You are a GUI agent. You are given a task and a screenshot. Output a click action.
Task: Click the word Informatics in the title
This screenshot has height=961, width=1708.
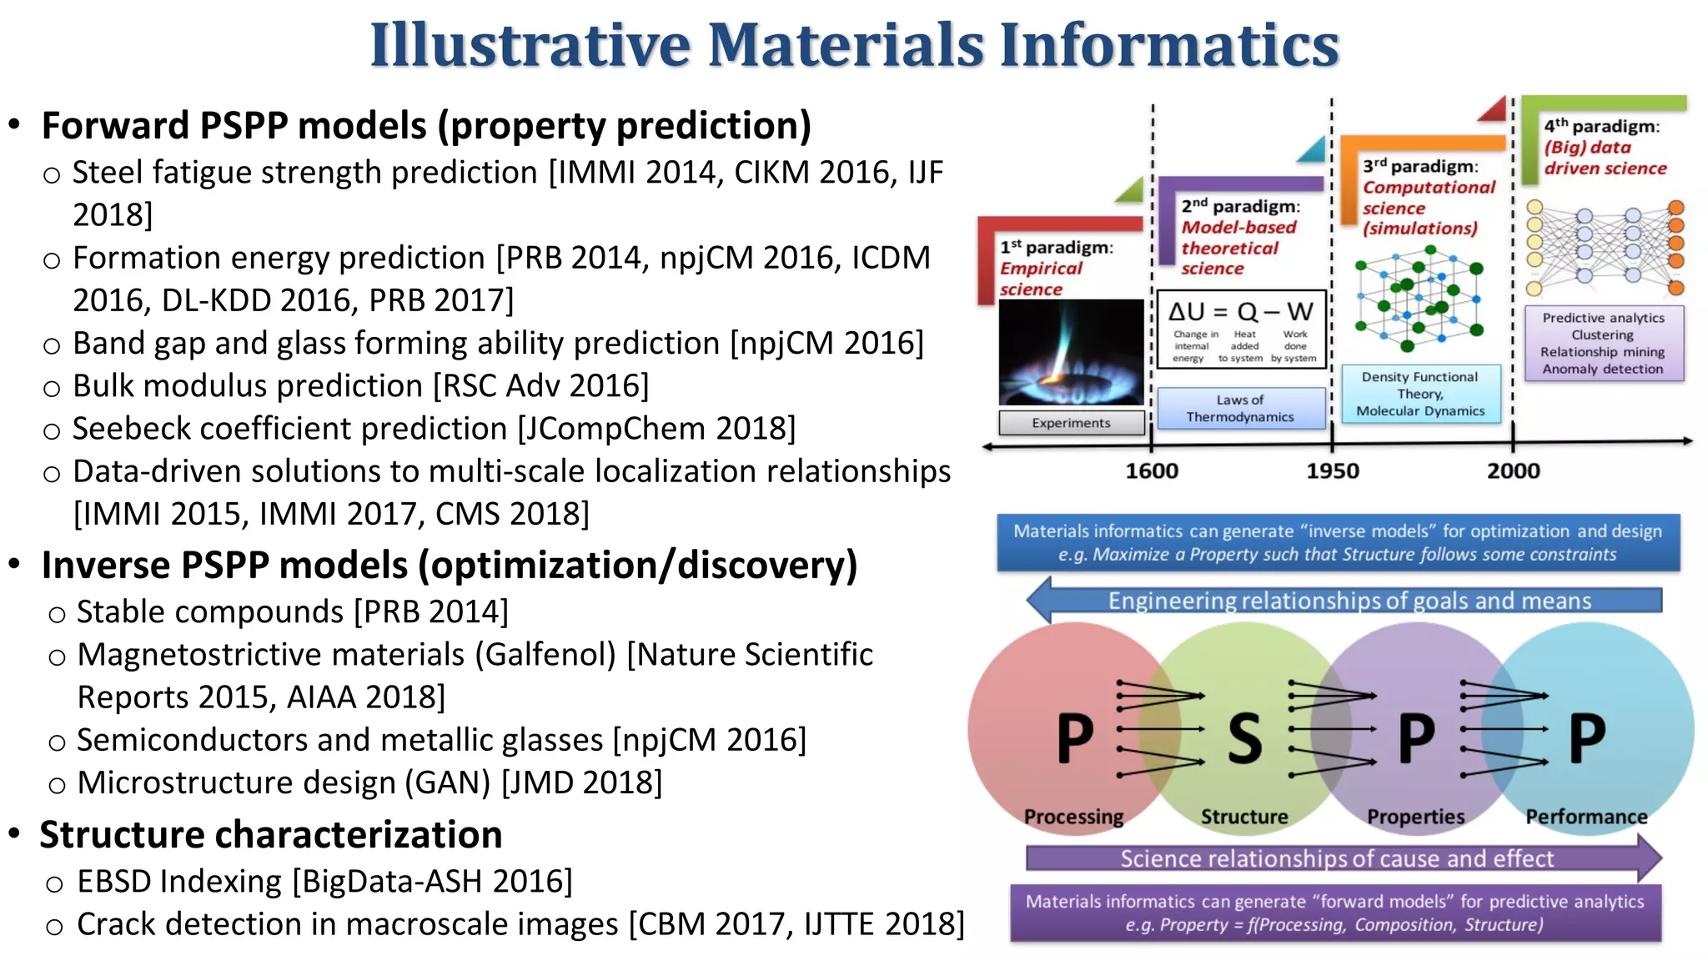[x=1168, y=45]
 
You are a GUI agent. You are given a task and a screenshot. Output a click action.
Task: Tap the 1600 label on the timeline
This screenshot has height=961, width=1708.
[x=1152, y=471]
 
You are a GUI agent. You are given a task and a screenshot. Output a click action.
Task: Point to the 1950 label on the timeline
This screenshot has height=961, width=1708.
[x=1332, y=471]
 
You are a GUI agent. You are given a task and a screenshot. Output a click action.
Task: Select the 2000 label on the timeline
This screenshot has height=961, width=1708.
[x=1513, y=471]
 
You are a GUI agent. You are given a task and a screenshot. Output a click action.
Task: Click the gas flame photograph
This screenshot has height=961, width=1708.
[x=1071, y=352]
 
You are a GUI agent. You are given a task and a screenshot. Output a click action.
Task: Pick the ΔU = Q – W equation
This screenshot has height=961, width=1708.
[x=1240, y=313]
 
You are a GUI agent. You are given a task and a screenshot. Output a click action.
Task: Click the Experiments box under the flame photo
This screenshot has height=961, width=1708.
[x=1071, y=423]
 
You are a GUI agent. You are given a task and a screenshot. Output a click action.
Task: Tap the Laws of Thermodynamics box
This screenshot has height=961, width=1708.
[x=1240, y=409]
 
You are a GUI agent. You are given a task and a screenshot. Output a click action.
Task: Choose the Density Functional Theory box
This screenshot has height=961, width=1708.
[x=1420, y=394]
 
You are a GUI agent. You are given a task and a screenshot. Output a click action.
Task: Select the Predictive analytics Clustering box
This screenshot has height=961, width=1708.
[x=1603, y=344]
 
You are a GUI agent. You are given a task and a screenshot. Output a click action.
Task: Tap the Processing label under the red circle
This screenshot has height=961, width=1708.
[x=1073, y=817]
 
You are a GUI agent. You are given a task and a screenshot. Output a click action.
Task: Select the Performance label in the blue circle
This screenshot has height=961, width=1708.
[x=1586, y=817]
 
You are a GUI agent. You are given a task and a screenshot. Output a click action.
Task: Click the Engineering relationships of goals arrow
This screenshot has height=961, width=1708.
[x=1349, y=601]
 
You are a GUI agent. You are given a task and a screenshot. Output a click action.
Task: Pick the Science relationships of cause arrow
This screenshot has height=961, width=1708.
[x=1337, y=858]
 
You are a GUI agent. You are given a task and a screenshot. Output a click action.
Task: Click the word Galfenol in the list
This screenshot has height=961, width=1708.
[x=545, y=655]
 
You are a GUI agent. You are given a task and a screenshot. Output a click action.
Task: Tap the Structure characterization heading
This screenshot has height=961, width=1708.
[x=271, y=835]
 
